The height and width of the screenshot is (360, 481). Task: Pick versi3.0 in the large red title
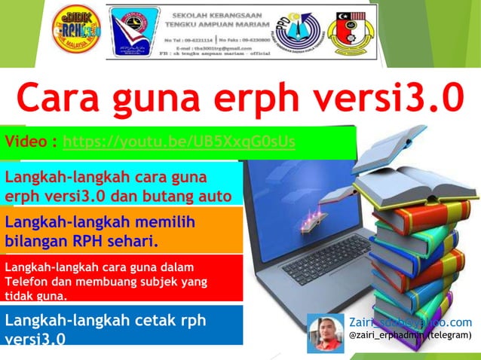coord(399,97)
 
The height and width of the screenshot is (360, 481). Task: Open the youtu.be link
coord(179,142)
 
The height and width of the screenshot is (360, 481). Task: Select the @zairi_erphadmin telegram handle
coord(410,334)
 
